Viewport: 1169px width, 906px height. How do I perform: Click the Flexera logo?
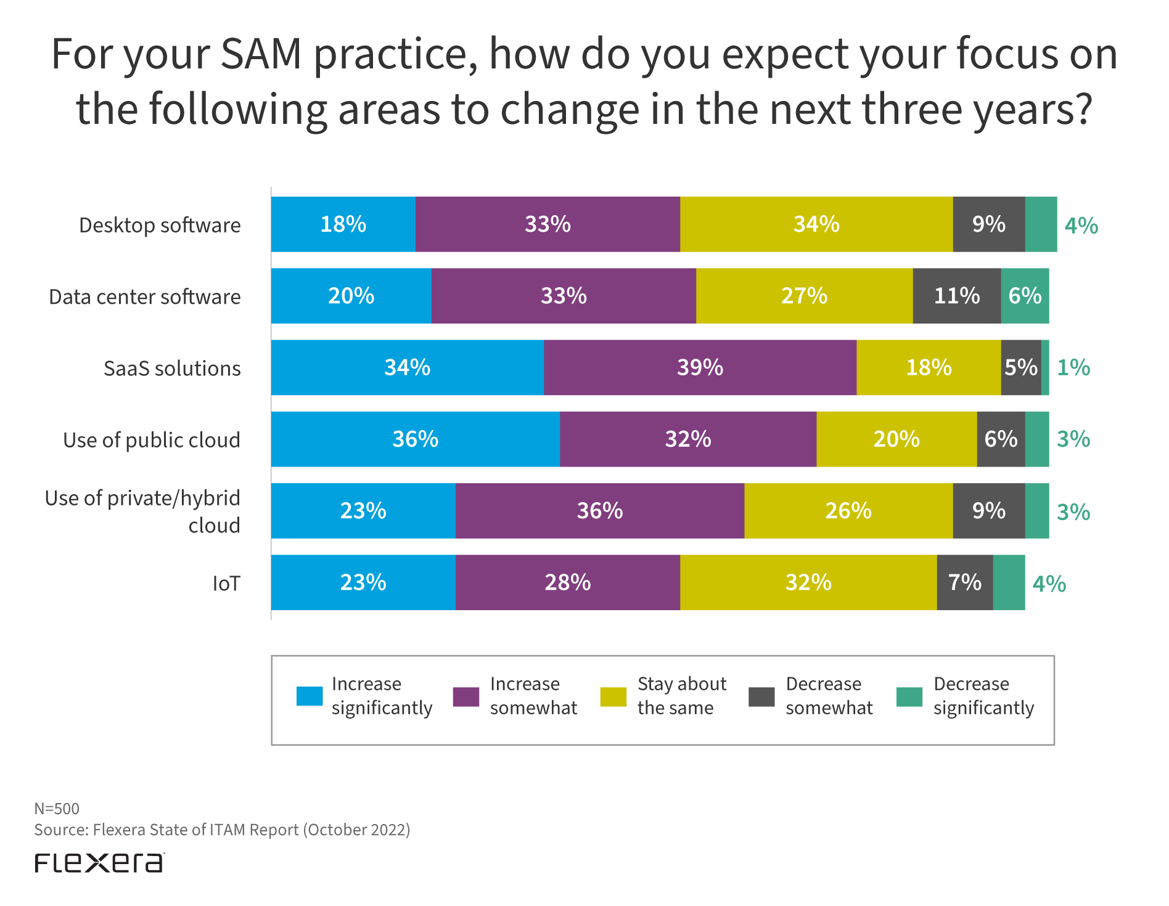coord(99,863)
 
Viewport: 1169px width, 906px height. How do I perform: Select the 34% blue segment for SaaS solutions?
coord(407,367)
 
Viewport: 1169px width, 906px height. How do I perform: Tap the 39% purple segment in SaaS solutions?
coord(700,367)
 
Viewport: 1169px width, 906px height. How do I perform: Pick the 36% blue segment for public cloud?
coord(415,439)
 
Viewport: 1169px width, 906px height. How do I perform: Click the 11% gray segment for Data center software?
coord(956,296)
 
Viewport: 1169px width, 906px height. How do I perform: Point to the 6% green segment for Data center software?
coord(1025,296)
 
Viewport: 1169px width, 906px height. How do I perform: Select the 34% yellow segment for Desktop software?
coord(816,224)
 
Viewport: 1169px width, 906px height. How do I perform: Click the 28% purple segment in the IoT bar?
coord(567,582)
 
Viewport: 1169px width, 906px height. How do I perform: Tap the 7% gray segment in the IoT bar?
coord(964,582)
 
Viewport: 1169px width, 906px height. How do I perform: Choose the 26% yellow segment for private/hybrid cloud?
coord(848,511)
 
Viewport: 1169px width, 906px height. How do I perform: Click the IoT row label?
coord(226,583)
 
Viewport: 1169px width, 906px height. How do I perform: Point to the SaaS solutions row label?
coord(172,369)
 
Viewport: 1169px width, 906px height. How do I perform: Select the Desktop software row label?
coord(160,226)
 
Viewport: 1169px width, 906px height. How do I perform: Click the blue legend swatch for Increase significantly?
coord(309,696)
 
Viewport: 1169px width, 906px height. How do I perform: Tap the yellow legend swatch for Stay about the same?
coord(613,696)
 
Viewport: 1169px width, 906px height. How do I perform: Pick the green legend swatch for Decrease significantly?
coord(909,696)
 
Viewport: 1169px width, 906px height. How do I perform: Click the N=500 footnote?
coord(57,809)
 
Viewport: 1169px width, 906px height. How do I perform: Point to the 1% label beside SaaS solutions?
coord(1073,368)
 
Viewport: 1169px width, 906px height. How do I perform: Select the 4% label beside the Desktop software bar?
coord(1081,226)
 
